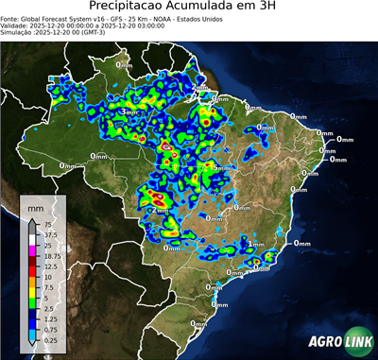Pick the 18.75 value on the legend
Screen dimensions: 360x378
click(52, 256)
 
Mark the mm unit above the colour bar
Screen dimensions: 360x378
click(37, 206)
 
